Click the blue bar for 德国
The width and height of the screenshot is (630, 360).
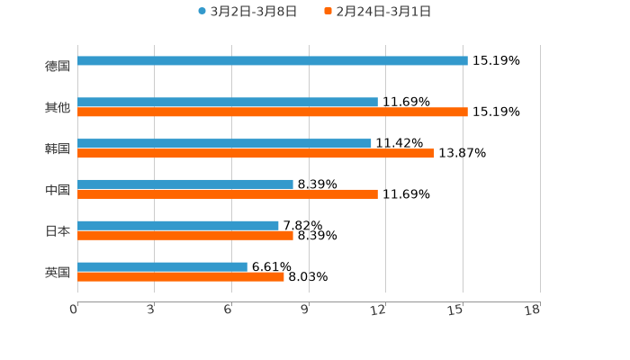pyautogui.click(x=273, y=61)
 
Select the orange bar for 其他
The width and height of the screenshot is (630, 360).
pyautogui.click(x=273, y=112)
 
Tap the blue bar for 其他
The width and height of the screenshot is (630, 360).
pyautogui.click(x=228, y=103)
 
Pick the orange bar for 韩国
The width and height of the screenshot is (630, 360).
pyautogui.click(x=256, y=154)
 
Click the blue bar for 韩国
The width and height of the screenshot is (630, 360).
pyautogui.click(x=224, y=144)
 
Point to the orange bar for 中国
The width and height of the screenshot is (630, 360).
pyautogui.click(x=228, y=194)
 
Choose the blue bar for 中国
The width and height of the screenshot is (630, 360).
pyautogui.click(x=185, y=184)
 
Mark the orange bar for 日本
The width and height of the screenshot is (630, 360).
pyautogui.click(x=185, y=236)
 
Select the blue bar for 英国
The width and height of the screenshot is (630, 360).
pyautogui.click(x=162, y=267)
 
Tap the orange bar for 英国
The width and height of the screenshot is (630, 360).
pyautogui.click(x=181, y=277)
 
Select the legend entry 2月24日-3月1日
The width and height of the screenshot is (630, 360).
pyautogui.click(x=382, y=12)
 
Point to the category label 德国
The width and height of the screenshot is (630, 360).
pyautogui.click(x=58, y=66)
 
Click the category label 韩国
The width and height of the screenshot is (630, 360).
pyautogui.click(x=58, y=148)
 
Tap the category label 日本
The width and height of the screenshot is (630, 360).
pyautogui.click(x=58, y=231)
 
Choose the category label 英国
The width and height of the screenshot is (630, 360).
pyautogui.click(x=58, y=273)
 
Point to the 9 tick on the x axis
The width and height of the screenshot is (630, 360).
pyautogui.click(x=304, y=310)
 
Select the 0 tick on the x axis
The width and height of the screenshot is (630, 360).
pyautogui.click(x=74, y=310)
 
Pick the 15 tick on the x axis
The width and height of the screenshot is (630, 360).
pyautogui.click(x=456, y=310)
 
